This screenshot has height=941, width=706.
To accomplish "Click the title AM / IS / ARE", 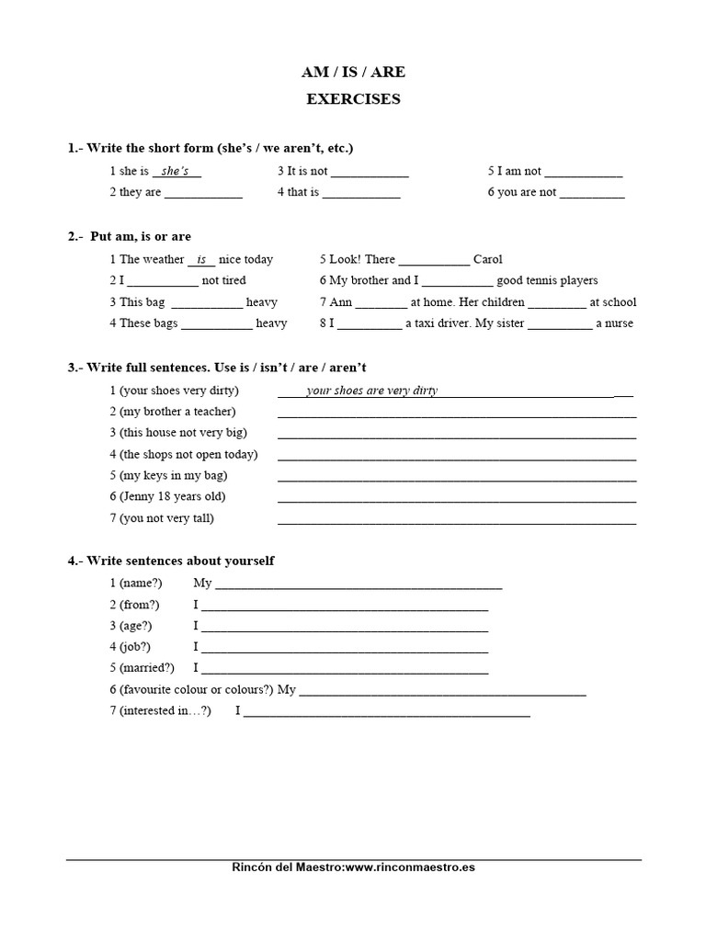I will (x=353, y=72).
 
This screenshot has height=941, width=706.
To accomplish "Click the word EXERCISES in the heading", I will (x=353, y=99).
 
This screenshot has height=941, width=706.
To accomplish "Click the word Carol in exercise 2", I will (x=487, y=259).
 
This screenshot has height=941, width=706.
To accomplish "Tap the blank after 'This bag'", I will (x=207, y=302).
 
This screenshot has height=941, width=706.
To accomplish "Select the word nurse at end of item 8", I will (x=619, y=323).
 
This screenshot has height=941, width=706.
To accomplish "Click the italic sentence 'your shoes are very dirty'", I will (x=371, y=391).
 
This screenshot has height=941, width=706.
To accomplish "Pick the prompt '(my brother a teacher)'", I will (x=177, y=412).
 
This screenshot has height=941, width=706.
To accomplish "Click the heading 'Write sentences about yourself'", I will (x=179, y=561).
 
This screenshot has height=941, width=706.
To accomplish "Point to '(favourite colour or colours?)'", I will (x=196, y=689).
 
